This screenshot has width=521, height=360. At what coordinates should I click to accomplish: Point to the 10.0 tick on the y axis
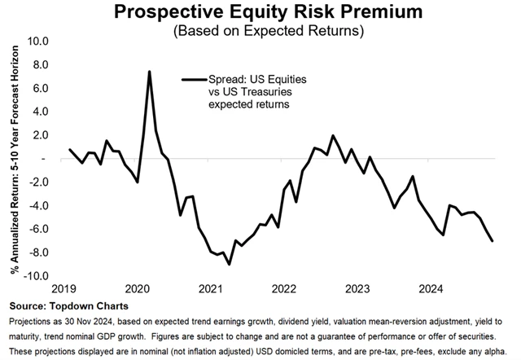[x=37, y=41]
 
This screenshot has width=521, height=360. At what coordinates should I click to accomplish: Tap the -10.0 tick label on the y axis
[x=36, y=276]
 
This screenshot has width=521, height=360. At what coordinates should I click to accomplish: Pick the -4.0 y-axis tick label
[x=38, y=205]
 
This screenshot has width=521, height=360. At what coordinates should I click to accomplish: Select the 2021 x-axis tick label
[x=211, y=288]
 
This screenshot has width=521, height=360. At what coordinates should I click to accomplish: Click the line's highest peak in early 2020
[x=149, y=72]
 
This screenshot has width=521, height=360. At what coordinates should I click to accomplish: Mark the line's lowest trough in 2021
[x=229, y=264]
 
